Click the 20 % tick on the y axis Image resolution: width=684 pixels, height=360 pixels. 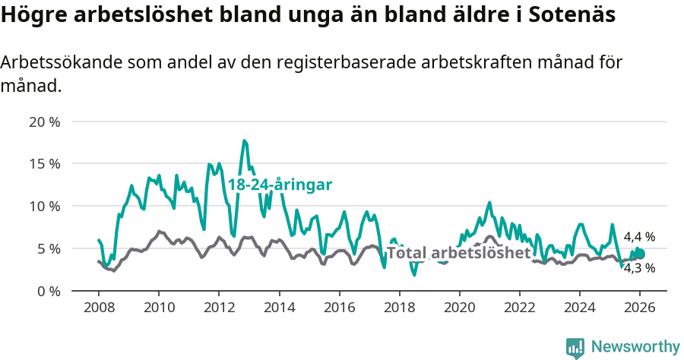[45, 122]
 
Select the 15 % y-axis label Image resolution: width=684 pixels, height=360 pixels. [45, 163]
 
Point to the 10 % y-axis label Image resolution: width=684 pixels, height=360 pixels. [45, 206]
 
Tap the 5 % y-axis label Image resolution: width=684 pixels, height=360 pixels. [48, 248]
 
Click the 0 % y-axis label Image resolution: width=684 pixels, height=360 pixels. [48, 291]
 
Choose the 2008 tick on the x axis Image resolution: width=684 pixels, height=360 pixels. [99, 308]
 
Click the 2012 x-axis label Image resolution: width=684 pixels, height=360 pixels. [219, 308]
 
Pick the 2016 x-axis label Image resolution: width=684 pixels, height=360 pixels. [339, 308]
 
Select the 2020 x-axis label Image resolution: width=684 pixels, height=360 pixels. [459, 308]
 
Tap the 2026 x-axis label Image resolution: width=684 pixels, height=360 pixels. [640, 308]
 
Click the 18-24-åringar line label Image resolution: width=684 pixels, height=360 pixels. [280, 185]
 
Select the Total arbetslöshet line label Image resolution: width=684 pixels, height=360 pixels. [458, 253]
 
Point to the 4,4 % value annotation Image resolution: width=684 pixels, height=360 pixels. [639, 237]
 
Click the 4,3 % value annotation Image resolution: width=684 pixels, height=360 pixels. [639, 267]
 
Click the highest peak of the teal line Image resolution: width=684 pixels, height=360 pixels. [244, 141]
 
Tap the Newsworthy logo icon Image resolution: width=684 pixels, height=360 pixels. [575, 347]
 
